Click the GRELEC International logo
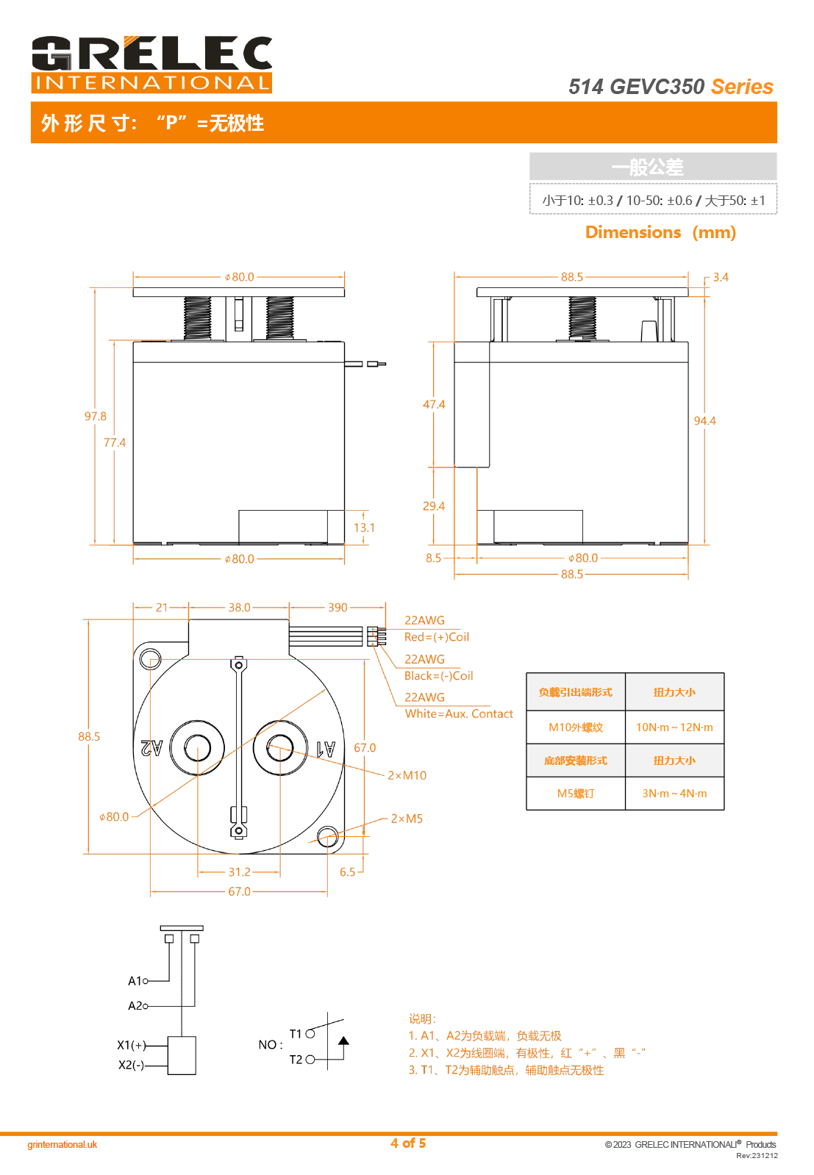point(151,65)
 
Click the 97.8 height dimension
point(96,417)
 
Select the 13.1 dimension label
point(364,528)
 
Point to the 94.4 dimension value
point(704,421)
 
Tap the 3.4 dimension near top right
point(721,278)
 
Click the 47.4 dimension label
point(434,405)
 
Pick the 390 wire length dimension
point(338,608)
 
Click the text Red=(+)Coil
point(437,637)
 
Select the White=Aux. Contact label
point(459,714)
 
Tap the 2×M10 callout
point(407,775)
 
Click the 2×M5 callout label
point(407,819)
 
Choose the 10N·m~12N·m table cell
point(674,727)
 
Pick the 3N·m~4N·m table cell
point(674,794)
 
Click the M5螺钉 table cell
point(576,794)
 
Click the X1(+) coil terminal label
point(132,1045)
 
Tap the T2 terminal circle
point(310,1060)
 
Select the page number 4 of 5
point(408,1143)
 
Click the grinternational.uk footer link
point(63,1145)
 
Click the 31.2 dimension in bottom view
point(239,872)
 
